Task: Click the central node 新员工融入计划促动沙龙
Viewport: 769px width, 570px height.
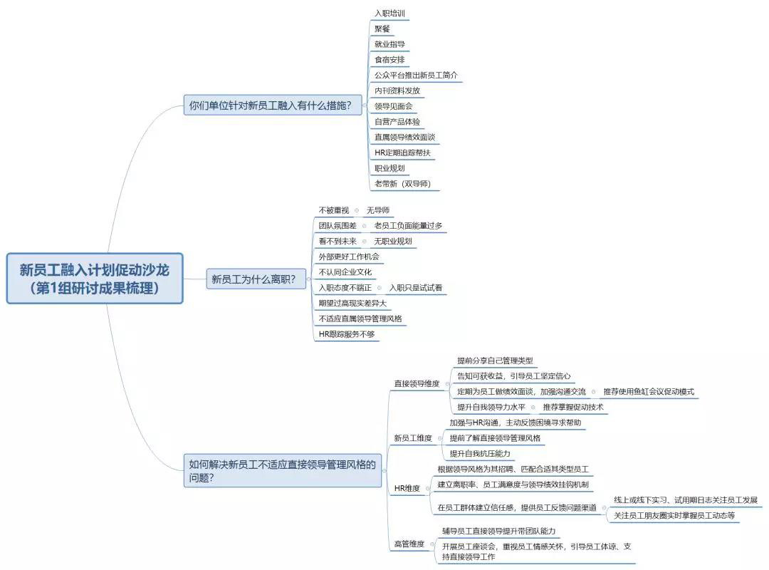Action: point(95,278)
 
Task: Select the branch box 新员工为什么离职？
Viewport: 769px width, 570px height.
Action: point(253,279)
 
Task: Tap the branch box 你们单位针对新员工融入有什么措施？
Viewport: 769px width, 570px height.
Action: point(270,105)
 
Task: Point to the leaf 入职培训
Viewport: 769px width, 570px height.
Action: point(391,14)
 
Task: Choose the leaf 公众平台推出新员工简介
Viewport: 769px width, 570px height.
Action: point(416,76)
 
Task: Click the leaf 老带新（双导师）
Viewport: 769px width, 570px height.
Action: point(402,184)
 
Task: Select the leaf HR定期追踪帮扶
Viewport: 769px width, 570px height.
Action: point(402,152)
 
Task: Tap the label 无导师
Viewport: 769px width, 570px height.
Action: point(378,210)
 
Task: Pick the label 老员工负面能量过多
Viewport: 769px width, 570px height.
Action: point(408,226)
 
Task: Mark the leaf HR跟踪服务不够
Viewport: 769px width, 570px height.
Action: point(346,334)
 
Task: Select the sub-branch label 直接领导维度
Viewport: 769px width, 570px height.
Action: point(417,384)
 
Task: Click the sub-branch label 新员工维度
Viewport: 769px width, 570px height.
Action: point(413,438)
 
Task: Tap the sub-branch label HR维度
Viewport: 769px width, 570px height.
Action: point(407,489)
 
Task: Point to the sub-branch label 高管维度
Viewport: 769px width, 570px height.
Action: point(409,544)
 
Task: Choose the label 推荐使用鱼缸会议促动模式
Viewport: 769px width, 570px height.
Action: point(648,392)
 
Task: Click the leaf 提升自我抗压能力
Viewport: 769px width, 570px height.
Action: point(479,454)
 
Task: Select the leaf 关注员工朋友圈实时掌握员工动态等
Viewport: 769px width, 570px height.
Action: point(674,515)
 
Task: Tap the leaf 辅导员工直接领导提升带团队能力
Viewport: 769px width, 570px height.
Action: point(498,532)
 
